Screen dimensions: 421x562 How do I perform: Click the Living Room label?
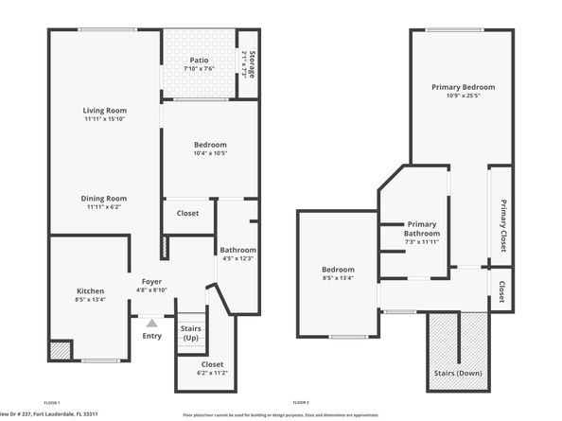click(x=105, y=111)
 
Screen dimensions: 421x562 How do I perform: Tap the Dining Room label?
click(x=105, y=199)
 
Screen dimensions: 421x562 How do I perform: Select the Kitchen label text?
click(x=91, y=290)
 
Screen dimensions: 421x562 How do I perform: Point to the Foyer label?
click(x=152, y=282)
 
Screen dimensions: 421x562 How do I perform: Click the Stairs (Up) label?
click(x=191, y=333)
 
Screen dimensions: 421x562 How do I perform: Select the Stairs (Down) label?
click(x=458, y=373)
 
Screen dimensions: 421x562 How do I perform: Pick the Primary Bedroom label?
click(x=464, y=87)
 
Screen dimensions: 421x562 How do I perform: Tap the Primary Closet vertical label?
click(x=503, y=225)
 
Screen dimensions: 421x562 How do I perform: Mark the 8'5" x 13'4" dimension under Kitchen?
click(x=91, y=299)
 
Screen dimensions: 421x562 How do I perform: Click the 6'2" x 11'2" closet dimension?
click(x=213, y=373)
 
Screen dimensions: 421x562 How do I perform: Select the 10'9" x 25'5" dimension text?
click(x=464, y=96)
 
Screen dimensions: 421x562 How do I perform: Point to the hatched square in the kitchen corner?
click(x=60, y=349)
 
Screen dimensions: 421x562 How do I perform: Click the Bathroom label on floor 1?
click(x=238, y=250)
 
